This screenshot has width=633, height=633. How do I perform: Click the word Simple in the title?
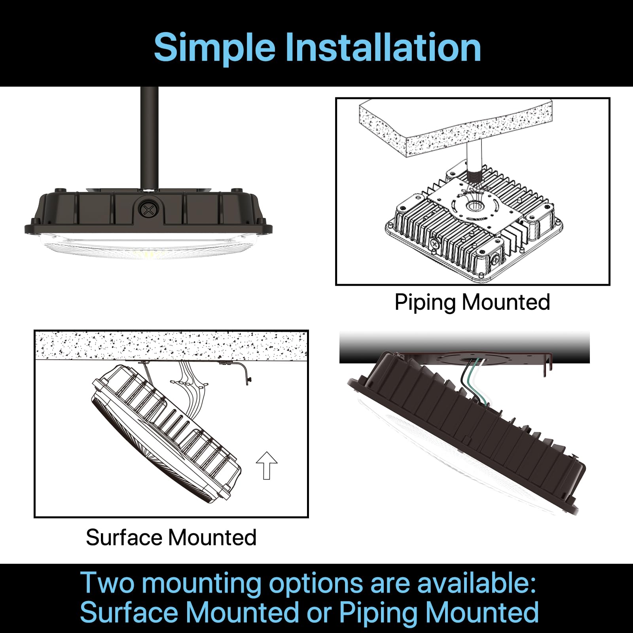click(x=214, y=47)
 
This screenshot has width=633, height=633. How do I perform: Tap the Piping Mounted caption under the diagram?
click(x=472, y=302)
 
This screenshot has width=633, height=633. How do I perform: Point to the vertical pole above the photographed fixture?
click(x=150, y=135)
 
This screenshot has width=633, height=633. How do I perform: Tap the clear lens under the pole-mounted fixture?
click(x=148, y=247)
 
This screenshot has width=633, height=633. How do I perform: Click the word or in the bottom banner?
click(x=318, y=612)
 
